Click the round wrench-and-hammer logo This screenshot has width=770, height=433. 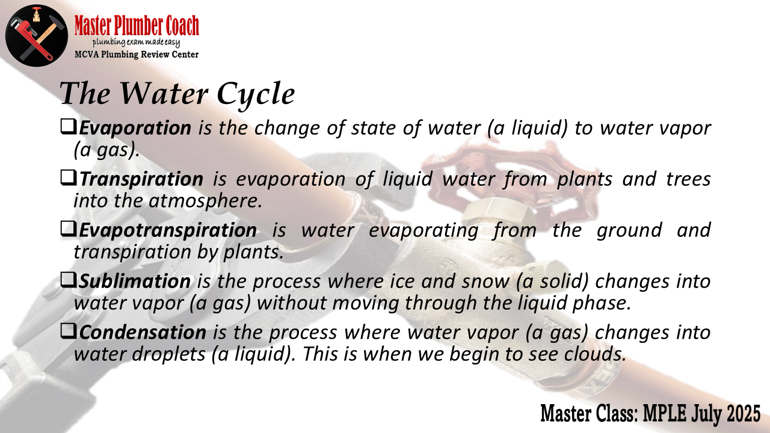tap(37, 35)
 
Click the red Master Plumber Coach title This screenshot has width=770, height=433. tap(137, 25)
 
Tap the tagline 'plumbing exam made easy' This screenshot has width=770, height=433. tap(136, 43)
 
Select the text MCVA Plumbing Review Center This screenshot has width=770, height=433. tap(137, 54)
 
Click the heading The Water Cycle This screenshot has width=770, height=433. tap(177, 94)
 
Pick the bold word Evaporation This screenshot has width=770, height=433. tap(135, 128)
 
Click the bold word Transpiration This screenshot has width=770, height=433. tap(141, 179)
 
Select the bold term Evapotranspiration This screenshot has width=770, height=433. tap(168, 230)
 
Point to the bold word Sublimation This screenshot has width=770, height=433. tap(135, 281)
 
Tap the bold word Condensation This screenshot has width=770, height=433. tap(143, 333)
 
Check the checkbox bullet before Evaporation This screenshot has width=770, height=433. tap(69, 127)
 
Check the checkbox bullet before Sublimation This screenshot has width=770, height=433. tap(69, 280)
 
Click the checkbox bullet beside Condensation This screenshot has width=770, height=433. tap(69, 331)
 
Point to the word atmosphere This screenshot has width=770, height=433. tap(203, 201)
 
